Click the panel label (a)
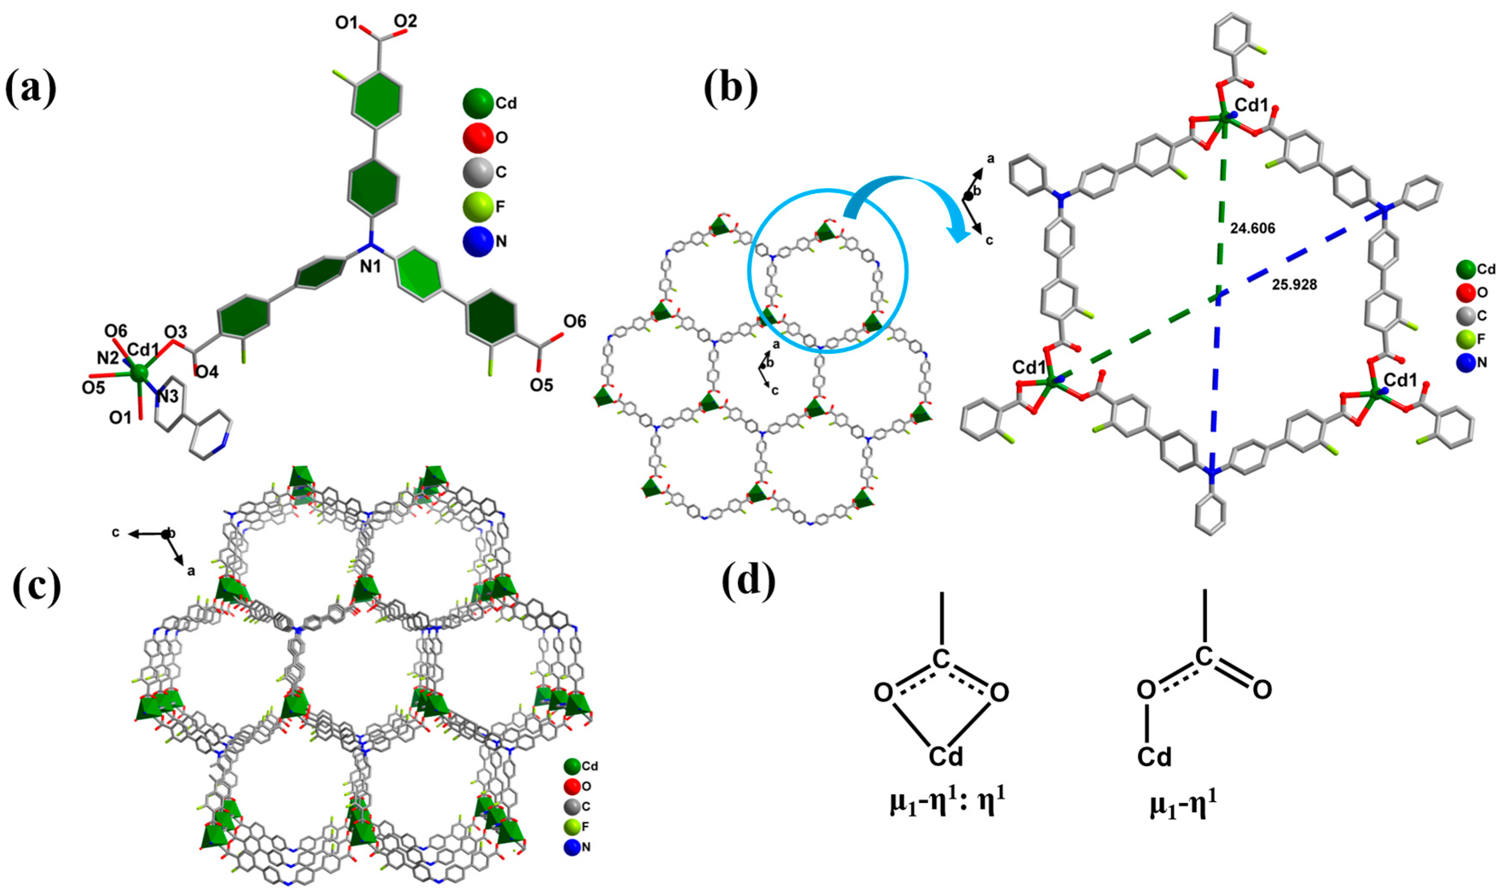(32, 89)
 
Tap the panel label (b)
(730, 89)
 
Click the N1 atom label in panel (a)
(371, 266)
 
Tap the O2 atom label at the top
(405, 22)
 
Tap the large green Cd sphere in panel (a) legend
(478, 104)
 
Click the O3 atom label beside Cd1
(176, 332)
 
